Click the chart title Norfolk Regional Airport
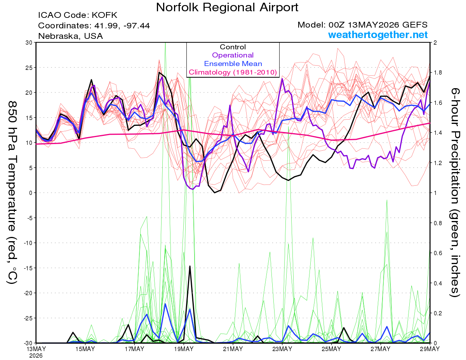click(227, 8)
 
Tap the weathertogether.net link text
click(377, 35)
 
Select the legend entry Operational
click(233, 55)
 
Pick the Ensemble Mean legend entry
click(233, 64)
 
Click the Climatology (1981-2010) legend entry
click(233, 72)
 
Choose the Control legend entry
click(233, 47)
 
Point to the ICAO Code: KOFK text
click(78, 15)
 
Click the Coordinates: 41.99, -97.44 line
click(94, 26)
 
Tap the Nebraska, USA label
click(71, 36)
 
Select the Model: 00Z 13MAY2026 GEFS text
click(362, 25)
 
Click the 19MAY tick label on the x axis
click(184, 349)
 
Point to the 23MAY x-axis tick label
click(282, 349)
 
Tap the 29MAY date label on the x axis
click(430, 349)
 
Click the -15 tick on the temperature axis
click(28, 268)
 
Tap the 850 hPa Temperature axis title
click(12, 193)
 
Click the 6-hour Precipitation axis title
click(455, 193)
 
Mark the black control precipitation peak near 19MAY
click(190, 266)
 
